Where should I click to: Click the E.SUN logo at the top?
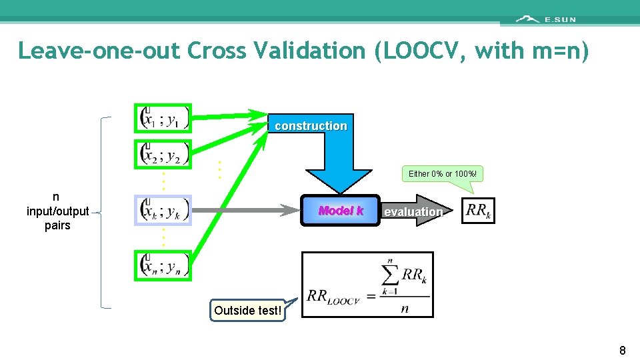[546, 19]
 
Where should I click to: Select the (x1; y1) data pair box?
[163, 118]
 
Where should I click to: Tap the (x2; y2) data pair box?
[163, 154]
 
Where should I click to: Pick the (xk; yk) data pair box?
[163, 211]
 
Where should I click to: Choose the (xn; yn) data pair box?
[163, 266]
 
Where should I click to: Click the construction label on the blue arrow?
[311, 126]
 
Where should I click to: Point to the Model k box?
[341, 211]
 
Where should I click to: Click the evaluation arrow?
[413, 211]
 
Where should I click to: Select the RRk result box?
[478, 211]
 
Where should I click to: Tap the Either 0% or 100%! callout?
[443, 174]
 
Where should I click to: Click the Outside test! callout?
[247, 311]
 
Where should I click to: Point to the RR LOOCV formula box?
[367, 285]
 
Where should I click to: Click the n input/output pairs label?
[57, 211]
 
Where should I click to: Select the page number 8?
[622, 351]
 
